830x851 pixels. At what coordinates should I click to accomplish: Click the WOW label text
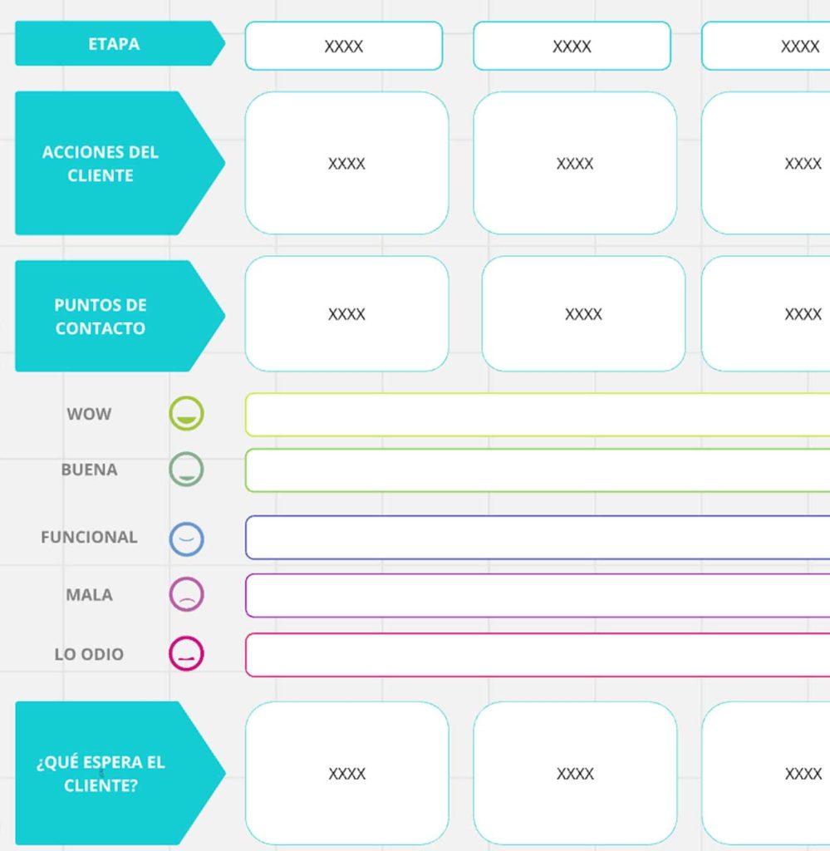pyautogui.click(x=89, y=414)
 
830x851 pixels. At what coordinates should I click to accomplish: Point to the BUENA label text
pyautogui.click(x=89, y=470)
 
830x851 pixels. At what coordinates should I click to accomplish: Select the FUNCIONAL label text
pyautogui.click(x=89, y=537)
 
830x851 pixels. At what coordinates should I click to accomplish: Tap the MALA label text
pyautogui.click(x=89, y=595)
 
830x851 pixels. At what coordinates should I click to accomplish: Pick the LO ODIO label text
pyautogui.click(x=89, y=654)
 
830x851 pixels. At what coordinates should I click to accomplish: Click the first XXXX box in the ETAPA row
pyautogui.click(x=344, y=47)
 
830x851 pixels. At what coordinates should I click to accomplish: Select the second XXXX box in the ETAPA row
pyautogui.click(x=572, y=47)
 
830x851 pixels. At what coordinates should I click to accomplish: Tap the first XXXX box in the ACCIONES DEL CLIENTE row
pyautogui.click(x=346, y=163)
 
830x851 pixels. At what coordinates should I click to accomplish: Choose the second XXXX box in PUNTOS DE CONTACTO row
pyautogui.click(x=583, y=313)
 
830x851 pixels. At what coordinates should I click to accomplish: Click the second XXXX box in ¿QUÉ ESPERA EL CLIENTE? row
pyautogui.click(x=575, y=773)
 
